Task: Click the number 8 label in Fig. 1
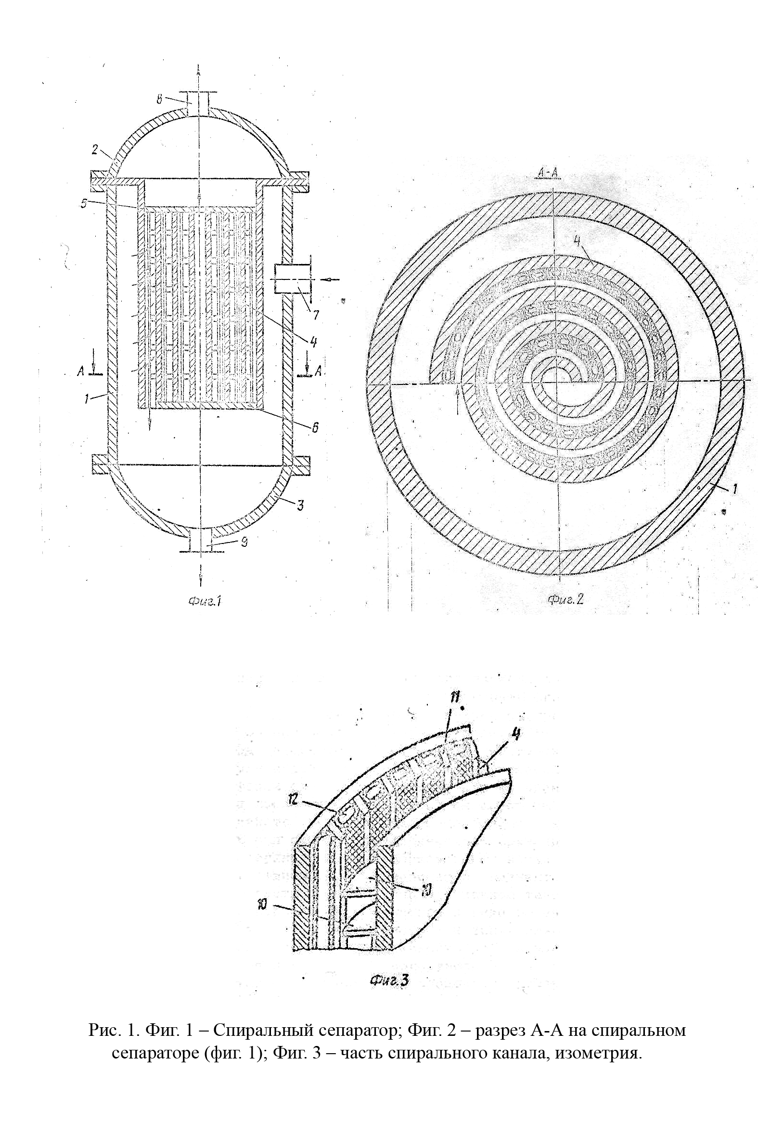click(159, 100)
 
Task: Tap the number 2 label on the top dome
click(95, 149)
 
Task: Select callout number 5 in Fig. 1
click(84, 204)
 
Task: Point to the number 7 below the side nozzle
click(316, 315)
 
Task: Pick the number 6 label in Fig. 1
click(315, 427)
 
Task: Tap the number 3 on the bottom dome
click(300, 505)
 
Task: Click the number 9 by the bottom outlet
click(245, 542)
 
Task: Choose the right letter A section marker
click(318, 371)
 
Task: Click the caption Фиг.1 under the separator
click(205, 601)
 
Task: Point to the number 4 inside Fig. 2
click(577, 240)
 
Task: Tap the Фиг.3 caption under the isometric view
click(389, 981)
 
